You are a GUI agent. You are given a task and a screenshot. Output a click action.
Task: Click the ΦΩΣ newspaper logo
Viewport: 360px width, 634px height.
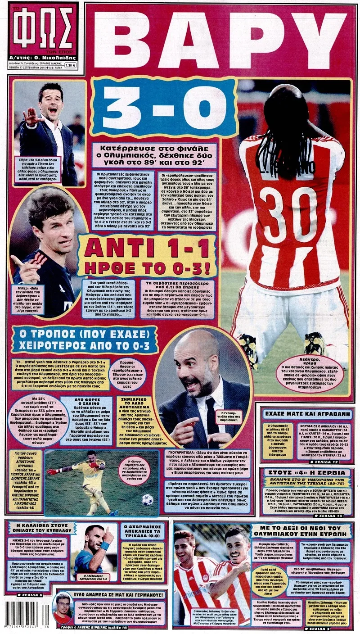click(x=43, y=29)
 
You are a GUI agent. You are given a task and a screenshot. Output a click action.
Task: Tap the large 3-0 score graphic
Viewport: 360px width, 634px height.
click(x=164, y=107)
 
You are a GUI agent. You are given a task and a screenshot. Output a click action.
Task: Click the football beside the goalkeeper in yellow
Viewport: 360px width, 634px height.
click(x=147, y=500)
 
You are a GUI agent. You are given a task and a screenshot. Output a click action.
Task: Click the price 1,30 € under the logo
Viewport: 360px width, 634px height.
click(x=70, y=65)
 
